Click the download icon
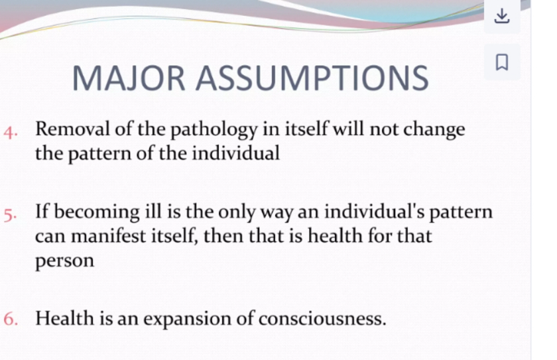click(502, 16)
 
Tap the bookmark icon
click(502, 62)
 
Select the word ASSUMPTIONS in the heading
click(312, 78)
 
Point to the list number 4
click(11, 133)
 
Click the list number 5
click(10, 215)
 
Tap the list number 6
click(11, 318)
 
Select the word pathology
click(214, 130)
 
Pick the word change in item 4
click(434, 130)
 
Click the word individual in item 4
click(236, 153)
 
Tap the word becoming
click(97, 213)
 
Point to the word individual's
click(375, 211)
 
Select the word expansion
click(187, 320)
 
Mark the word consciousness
click(322, 318)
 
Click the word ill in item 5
click(153, 211)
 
